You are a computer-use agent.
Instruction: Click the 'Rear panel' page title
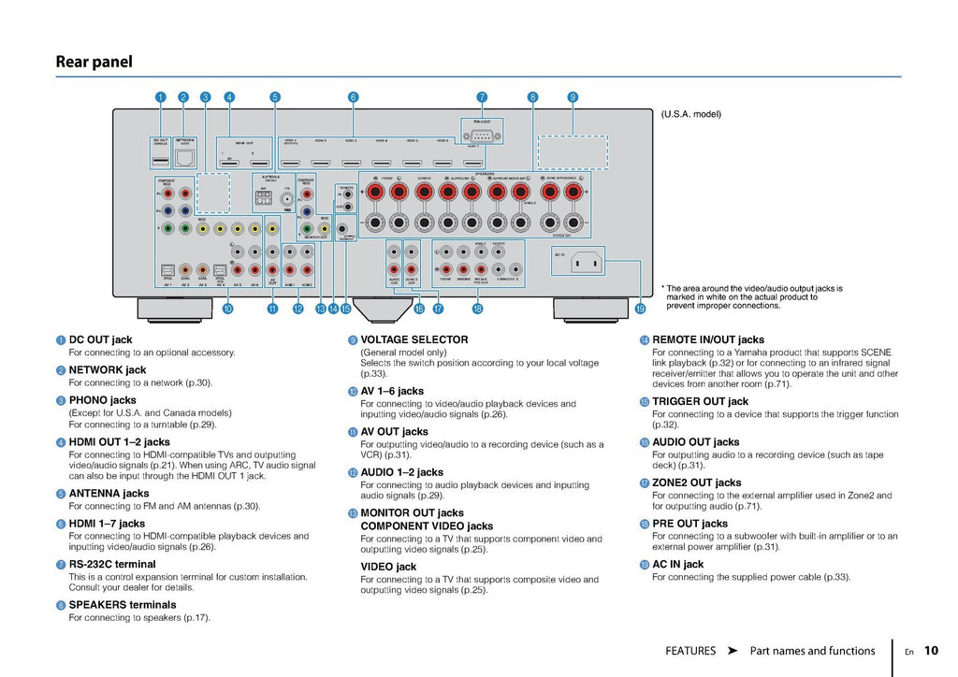(94, 63)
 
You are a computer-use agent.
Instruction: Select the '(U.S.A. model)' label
(690, 115)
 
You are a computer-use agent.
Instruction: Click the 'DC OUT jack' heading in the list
(100, 339)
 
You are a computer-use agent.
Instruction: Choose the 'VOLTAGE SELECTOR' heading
(414, 339)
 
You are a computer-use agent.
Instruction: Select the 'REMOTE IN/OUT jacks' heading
(707, 339)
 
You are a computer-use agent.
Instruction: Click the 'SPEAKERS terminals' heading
(122, 605)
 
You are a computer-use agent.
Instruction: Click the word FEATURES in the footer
(690, 651)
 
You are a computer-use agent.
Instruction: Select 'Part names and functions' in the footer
(812, 651)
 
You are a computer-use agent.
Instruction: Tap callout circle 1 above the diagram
(161, 96)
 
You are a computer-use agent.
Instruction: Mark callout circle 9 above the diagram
(573, 96)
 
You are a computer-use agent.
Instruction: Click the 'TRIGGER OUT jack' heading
(700, 401)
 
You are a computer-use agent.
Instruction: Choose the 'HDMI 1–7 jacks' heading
(107, 524)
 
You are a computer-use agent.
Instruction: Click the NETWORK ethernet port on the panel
(184, 157)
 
